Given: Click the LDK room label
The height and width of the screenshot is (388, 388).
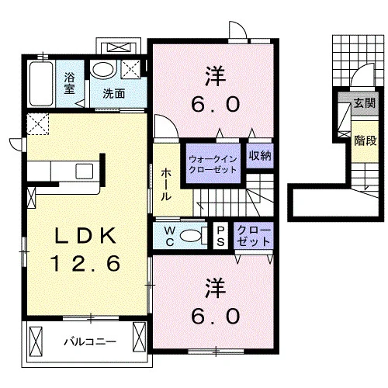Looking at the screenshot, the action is pyautogui.click(x=85, y=236).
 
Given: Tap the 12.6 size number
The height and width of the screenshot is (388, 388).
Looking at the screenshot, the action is pyautogui.click(x=86, y=263).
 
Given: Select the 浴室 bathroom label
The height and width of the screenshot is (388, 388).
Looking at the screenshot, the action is pyautogui.click(x=69, y=83).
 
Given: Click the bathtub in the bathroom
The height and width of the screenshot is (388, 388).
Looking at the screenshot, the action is pyautogui.click(x=41, y=84).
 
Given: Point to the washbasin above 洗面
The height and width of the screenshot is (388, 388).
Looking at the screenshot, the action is pyautogui.click(x=103, y=69).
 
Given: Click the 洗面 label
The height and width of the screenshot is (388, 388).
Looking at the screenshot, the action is pyautogui.click(x=114, y=94).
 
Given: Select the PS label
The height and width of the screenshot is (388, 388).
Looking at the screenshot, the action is pyautogui.click(x=220, y=236).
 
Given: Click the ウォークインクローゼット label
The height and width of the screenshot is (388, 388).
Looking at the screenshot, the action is pyautogui.click(x=213, y=165).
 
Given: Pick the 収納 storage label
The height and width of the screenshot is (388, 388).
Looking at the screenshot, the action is pyautogui.click(x=260, y=155).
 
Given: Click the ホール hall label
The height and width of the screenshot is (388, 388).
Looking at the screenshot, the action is pyautogui.click(x=166, y=185).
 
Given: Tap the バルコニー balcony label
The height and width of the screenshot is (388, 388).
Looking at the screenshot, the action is pyautogui.click(x=90, y=342).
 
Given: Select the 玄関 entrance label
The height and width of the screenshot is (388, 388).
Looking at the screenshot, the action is pyautogui.click(x=365, y=103).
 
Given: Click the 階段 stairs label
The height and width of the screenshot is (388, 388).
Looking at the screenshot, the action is pyautogui.click(x=365, y=140).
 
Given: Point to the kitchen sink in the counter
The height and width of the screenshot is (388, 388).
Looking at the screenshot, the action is pyautogui.click(x=84, y=171).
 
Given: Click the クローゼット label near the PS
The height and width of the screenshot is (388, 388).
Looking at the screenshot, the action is pyautogui.click(x=254, y=236).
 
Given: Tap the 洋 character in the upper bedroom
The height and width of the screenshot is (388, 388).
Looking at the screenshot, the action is pyautogui.click(x=216, y=77).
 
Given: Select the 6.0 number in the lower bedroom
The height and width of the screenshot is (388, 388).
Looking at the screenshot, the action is pyautogui.click(x=216, y=316).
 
